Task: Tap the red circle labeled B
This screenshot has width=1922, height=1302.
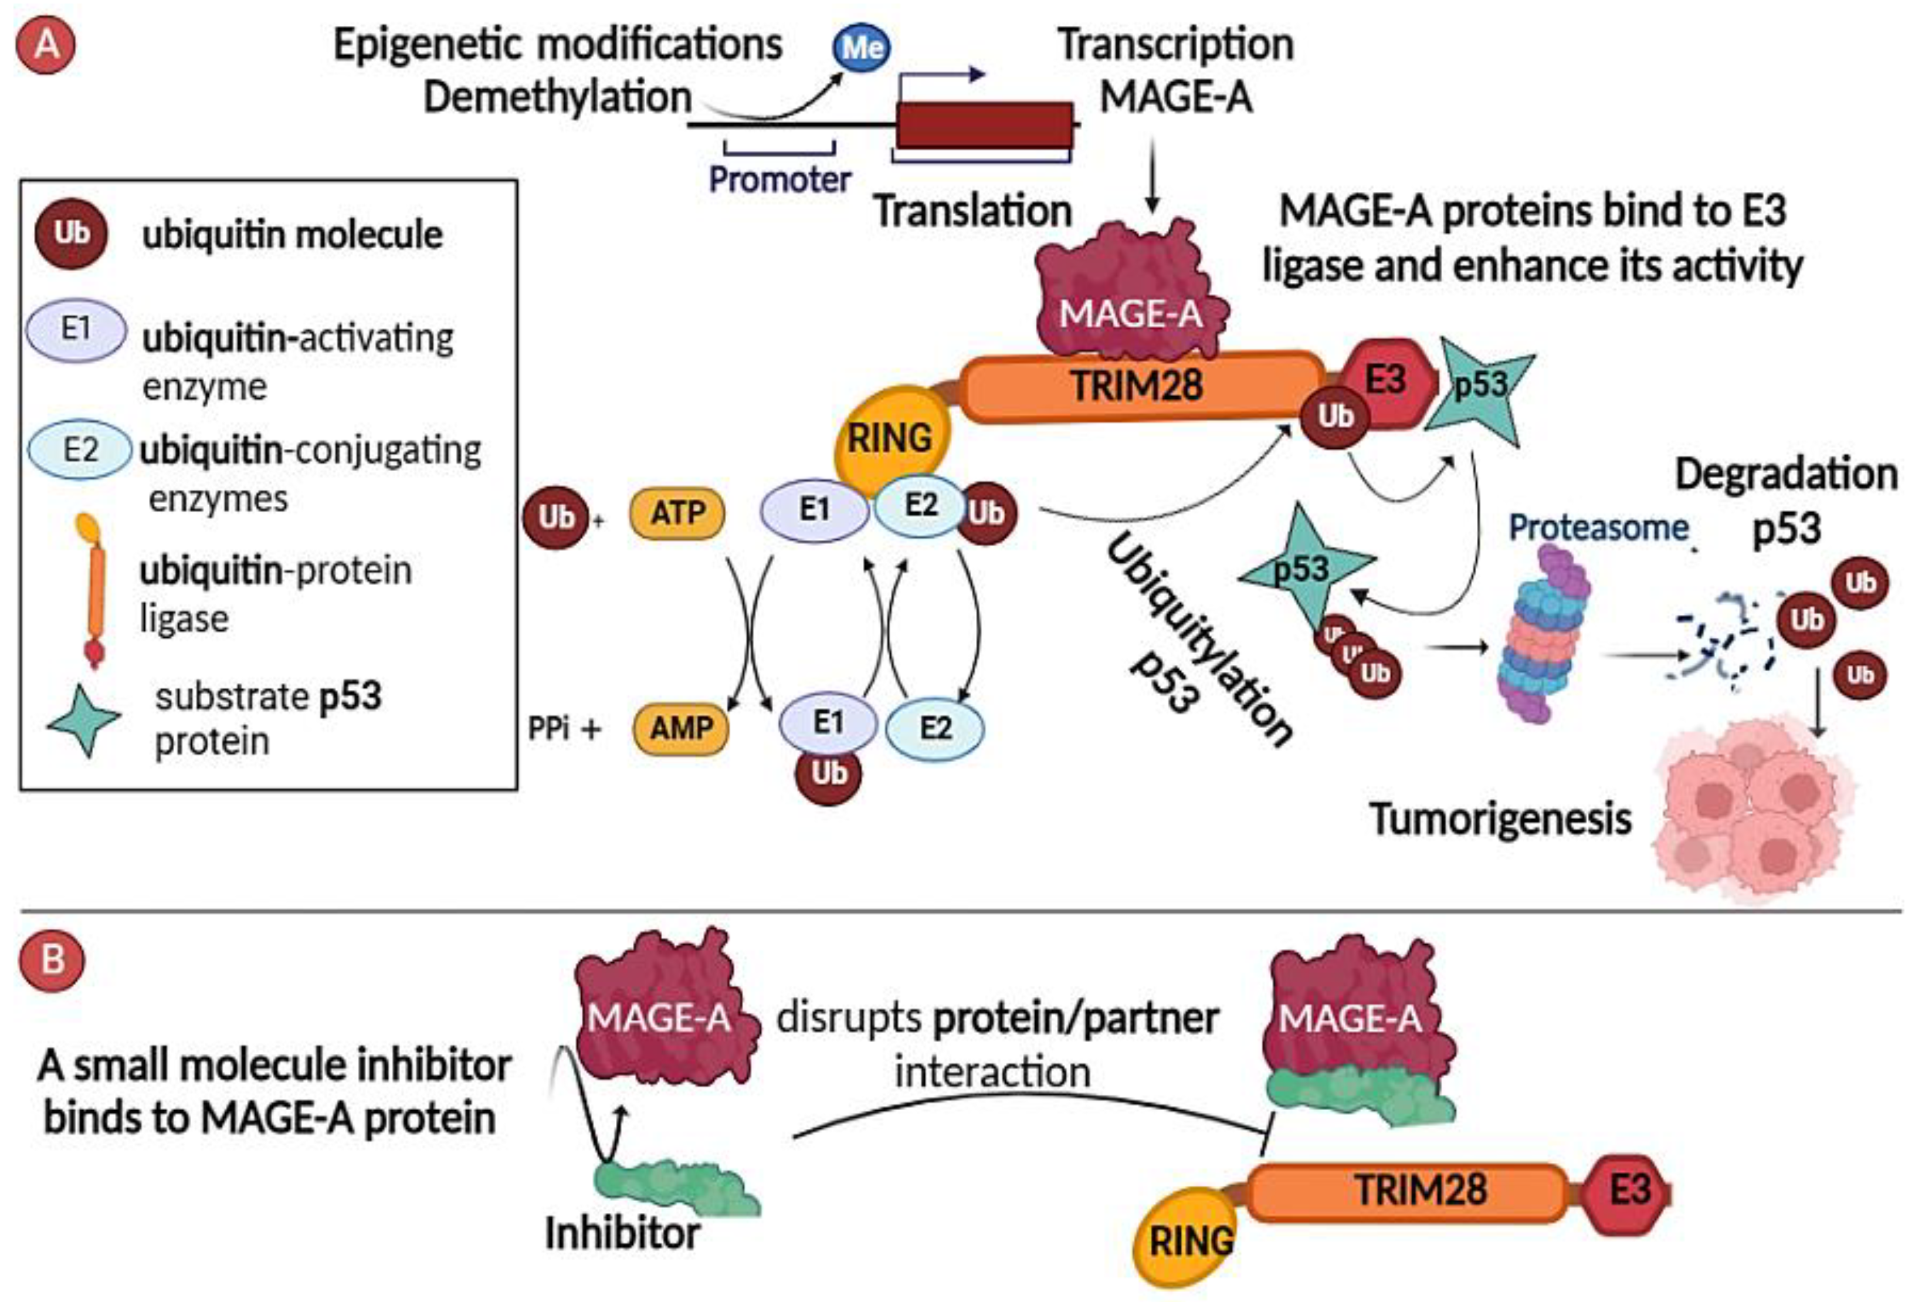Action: (51, 961)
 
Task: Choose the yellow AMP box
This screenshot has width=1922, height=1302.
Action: (680, 728)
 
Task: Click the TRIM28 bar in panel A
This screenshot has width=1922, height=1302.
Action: (1138, 386)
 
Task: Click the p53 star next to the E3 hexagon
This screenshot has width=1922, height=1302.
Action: (1480, 387)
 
